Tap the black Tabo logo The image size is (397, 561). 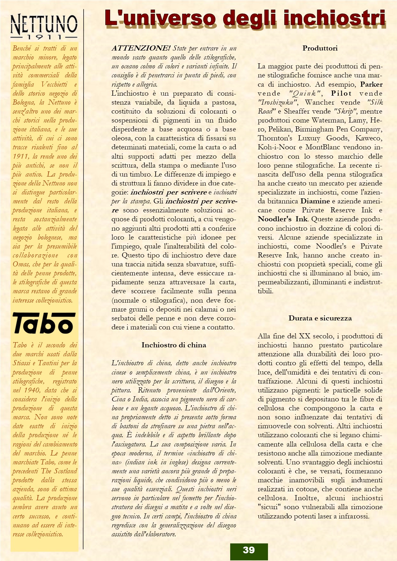(44, 323)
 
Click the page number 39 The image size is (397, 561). (249, 550)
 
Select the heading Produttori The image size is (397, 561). (320, 48)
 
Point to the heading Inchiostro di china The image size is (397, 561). (174, 345)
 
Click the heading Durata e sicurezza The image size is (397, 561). (320, 318)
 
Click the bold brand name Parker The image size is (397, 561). (371, 84)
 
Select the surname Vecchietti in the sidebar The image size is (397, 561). (54, 84)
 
